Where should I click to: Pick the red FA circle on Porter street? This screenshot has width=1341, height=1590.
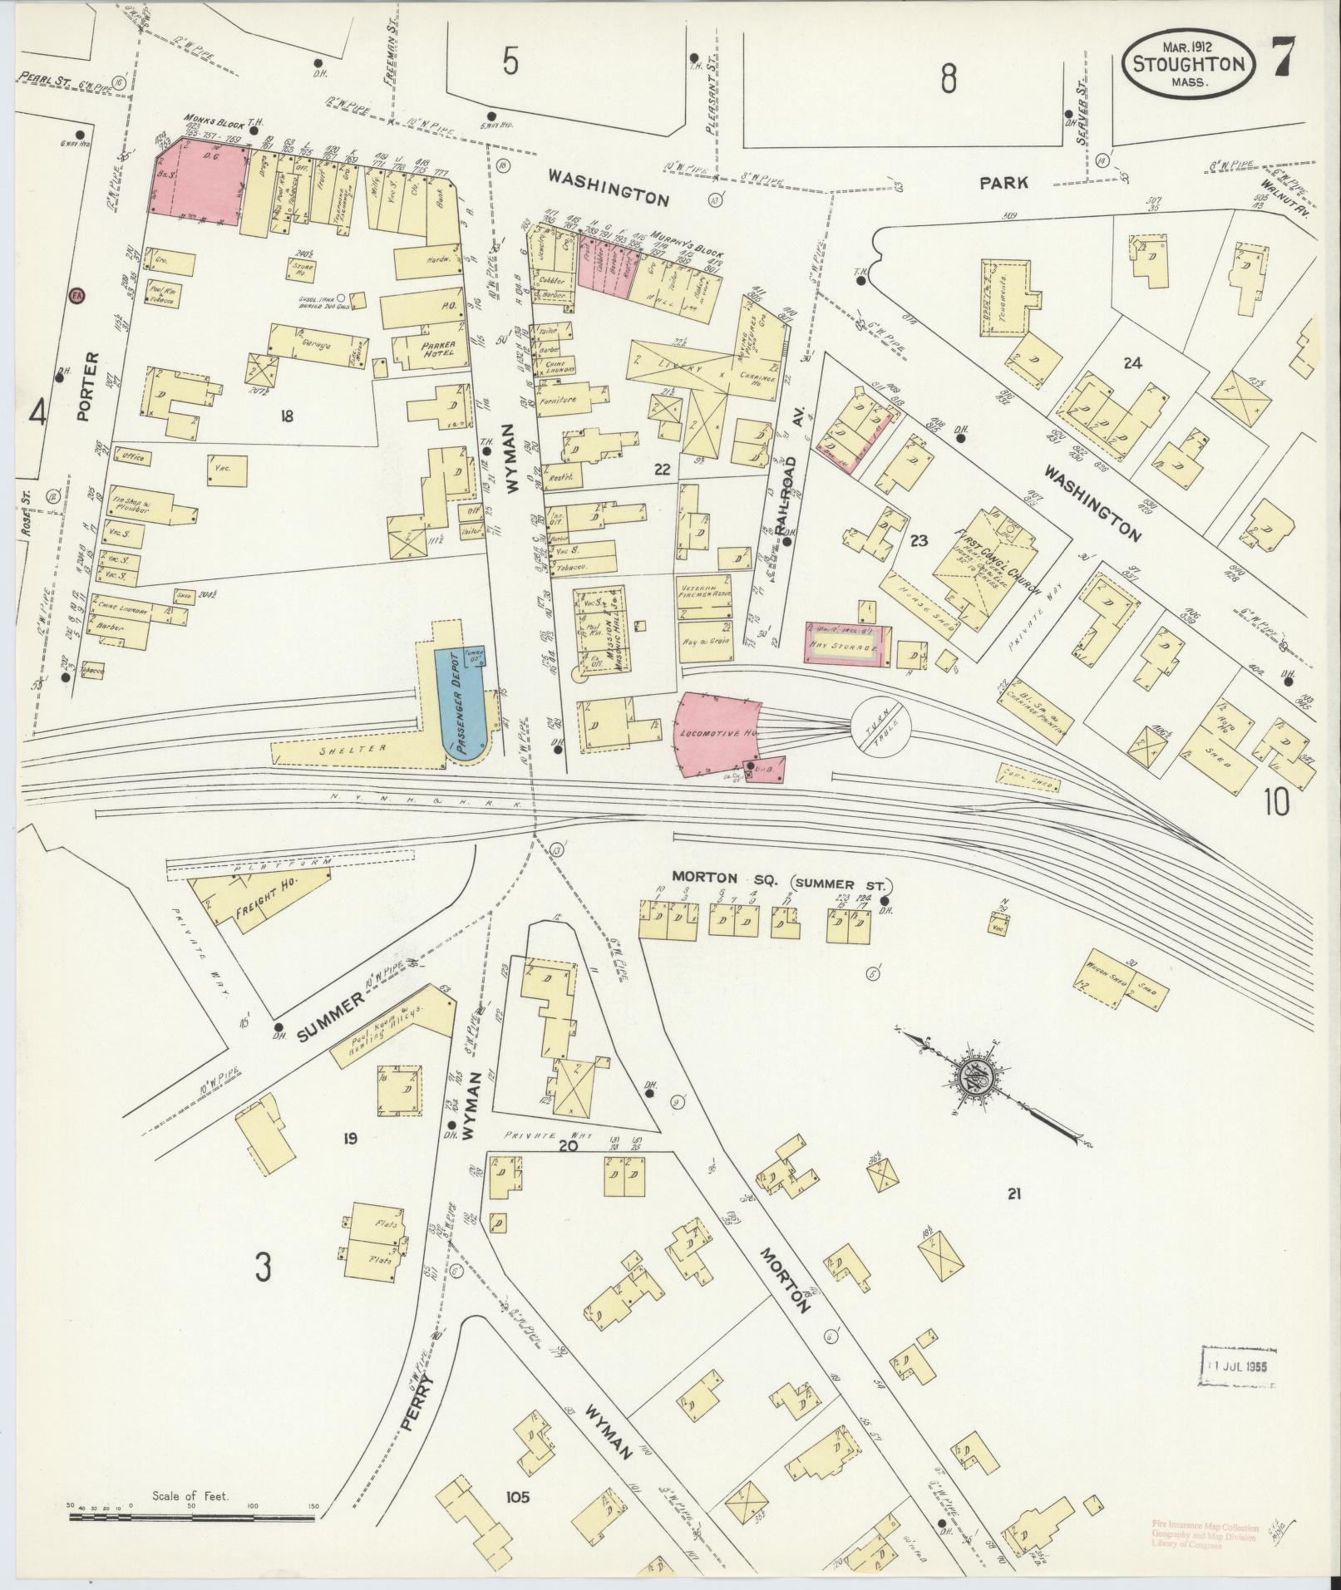[x=77, y=295]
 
